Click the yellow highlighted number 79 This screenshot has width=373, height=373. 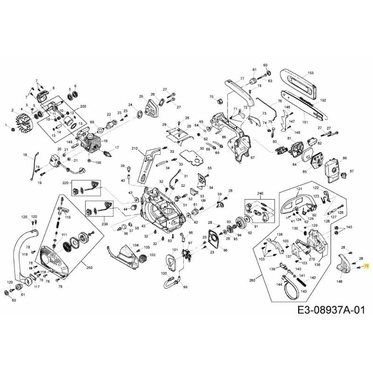coord(366,266)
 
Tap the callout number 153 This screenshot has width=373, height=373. coord(311,73)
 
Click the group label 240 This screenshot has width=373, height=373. coord(260,193)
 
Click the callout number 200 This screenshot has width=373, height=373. coord(83,107)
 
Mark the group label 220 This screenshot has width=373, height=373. coord(66,183)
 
